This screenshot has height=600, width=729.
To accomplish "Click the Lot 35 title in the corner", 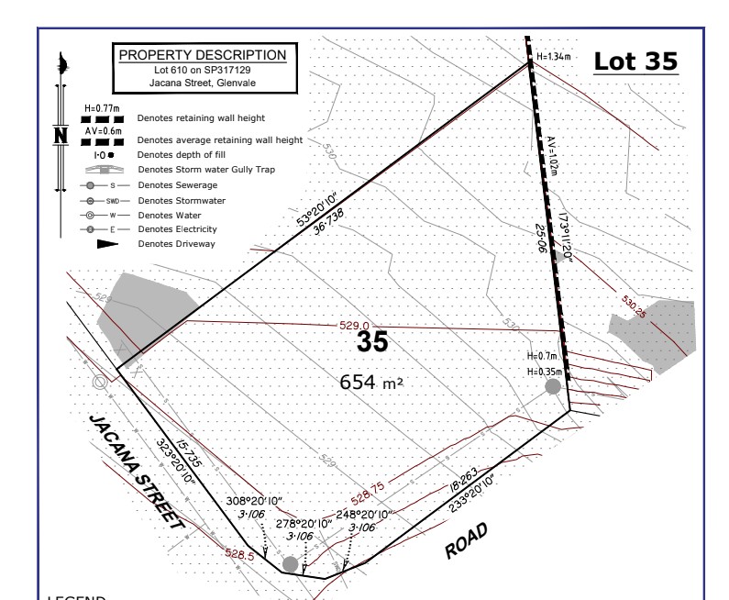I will click(x=635, y=61).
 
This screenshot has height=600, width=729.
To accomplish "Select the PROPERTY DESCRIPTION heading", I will click(x=203, y=55).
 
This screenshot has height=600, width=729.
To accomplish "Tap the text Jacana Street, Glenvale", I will click(x=203, y=83).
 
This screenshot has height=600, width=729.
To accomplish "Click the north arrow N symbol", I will click(x=61, y=134).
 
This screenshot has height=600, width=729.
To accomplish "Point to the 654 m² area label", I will click(x=371, y=381).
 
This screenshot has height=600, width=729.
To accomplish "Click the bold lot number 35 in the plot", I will click(x=372, y=343).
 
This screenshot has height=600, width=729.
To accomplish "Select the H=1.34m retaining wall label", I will click(x=554, y=56).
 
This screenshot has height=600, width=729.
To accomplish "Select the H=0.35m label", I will click(x=543, y=372).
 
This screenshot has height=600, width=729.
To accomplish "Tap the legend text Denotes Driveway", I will click(x=177, y=243).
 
